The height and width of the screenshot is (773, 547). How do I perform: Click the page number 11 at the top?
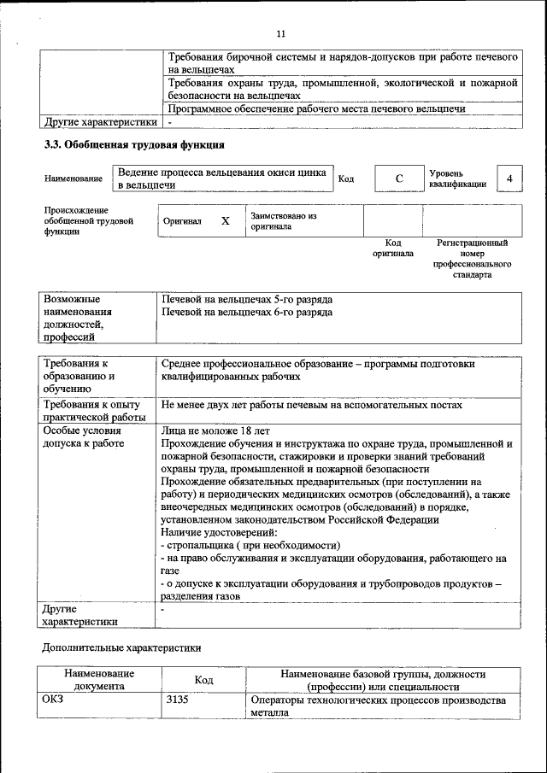280,34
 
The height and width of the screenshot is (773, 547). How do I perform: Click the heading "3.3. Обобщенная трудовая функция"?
134,145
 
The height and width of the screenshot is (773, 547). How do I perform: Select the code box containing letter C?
398,179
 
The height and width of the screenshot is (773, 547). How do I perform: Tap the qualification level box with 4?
509,179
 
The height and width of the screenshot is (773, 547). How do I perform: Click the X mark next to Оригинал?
226,221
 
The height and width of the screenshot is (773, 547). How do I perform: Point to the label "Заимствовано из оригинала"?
284,221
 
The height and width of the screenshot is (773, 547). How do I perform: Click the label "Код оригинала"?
393,248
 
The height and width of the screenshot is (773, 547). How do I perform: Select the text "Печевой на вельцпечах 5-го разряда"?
246,300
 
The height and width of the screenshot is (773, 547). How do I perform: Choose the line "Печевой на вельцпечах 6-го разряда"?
246,313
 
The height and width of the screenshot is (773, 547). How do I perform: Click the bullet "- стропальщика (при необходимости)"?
250,545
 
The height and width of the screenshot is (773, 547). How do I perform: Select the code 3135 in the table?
177,700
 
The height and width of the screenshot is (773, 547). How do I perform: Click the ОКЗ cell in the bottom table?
53,700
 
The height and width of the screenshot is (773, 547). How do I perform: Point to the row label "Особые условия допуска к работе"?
82,437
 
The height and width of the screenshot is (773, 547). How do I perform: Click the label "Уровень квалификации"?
458,179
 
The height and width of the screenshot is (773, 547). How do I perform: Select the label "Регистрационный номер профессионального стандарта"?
473,259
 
